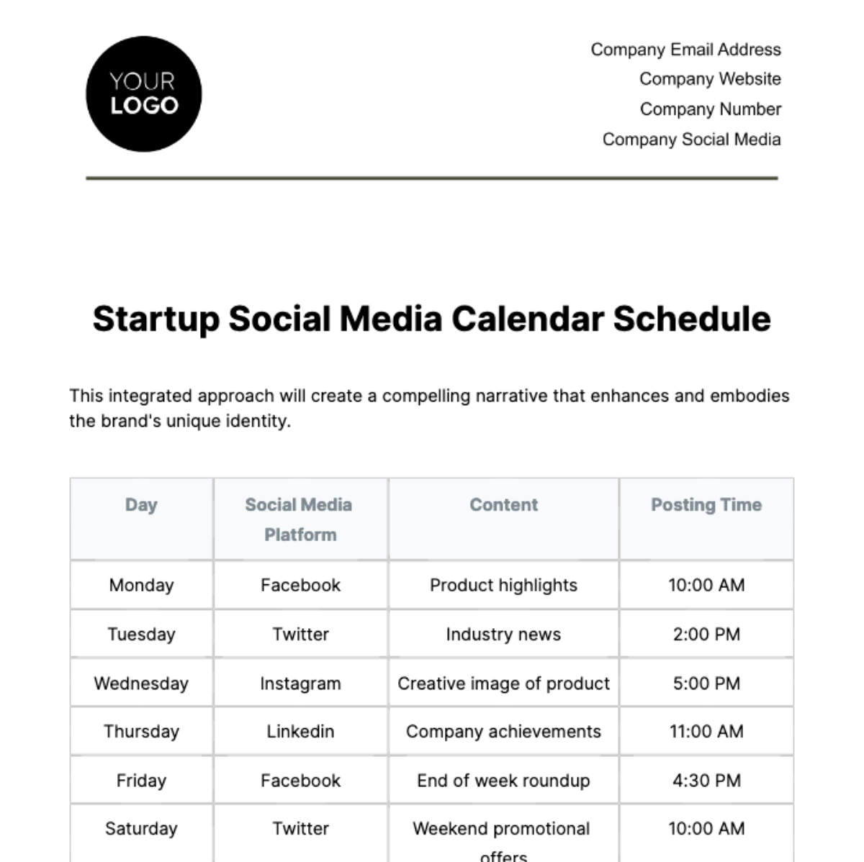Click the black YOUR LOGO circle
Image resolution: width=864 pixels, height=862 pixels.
click(143, 94)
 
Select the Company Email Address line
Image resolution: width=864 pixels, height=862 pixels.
click(685, 50)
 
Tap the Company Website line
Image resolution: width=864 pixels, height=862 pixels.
click(710, 79)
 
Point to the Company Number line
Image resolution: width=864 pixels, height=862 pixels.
click(710, 109)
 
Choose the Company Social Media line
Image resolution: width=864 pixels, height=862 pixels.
click(691, 140)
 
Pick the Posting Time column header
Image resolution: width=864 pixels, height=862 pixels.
click(706, 505)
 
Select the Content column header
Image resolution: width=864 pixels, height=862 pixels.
click(503, 505)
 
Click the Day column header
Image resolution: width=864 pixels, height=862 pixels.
click(141, 505)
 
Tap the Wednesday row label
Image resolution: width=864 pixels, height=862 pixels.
click(141, 684)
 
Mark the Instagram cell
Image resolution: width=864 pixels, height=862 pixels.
click(300, 684)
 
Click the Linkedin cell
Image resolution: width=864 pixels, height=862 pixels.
click(300, 732)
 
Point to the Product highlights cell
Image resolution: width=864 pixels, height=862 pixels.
click(503, 586)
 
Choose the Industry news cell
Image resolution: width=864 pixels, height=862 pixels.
click(503, 635)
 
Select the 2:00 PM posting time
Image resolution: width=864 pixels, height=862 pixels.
click(706, 635)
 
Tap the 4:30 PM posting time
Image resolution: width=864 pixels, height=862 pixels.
click(706, 781)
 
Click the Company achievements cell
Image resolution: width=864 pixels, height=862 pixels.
click(503, 732)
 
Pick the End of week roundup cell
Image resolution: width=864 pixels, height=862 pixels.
click(503, 781)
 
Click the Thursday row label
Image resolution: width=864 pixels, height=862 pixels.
click(141, 732)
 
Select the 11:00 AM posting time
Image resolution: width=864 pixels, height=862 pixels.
click(706, 732)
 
